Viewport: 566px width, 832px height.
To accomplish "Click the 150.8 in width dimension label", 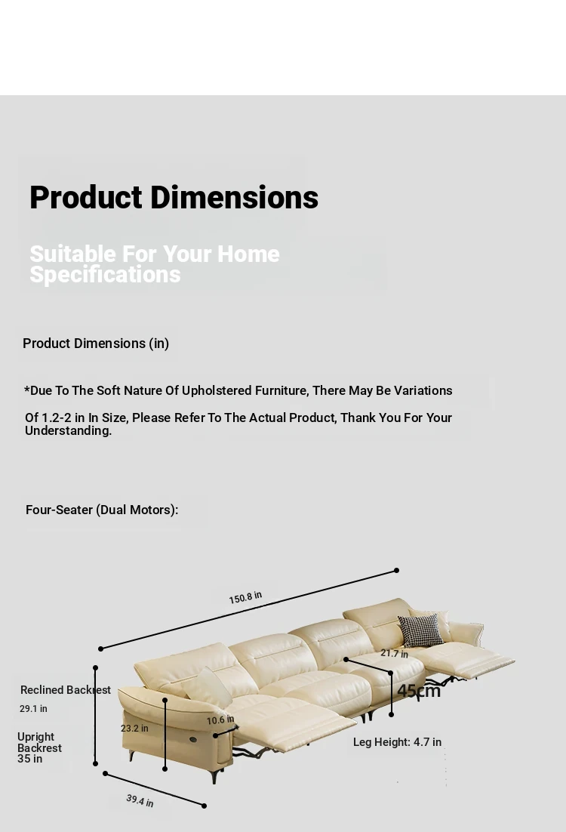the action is tap(245, 597).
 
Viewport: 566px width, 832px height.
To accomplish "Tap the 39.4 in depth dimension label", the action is tap(140, 800).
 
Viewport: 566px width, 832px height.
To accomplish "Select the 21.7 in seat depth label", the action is tap(394, 653).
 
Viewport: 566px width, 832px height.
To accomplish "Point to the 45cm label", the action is tap(419, 690).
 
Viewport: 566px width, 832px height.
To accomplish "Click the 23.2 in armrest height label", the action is tap(134, 728).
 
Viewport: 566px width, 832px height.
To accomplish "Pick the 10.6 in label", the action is tap(220, 720).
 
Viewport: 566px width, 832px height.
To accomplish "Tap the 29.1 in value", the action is tap(33, 708).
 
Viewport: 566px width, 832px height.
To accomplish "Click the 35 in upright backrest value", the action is tap(29, 759).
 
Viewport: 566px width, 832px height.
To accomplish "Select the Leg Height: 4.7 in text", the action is tap(397, 742).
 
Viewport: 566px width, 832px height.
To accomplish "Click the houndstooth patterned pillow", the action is tap(420, 630).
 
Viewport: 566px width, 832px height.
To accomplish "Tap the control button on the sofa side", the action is tap(193, 739).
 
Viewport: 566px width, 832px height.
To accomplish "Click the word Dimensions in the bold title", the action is tap(235, 197).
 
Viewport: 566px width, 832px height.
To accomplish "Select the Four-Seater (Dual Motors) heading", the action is tap(102, 510).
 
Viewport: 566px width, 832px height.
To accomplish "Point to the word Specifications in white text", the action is tap(105, 274).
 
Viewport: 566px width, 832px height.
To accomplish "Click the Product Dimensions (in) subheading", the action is tap(96, 344).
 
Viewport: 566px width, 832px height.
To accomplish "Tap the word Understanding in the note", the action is tap(69, 431).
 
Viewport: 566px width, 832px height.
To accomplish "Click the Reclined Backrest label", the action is tap(66, 690).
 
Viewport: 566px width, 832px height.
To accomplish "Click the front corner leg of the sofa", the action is tap(214, 776).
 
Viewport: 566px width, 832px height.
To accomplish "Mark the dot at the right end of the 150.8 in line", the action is tap(396, 571).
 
